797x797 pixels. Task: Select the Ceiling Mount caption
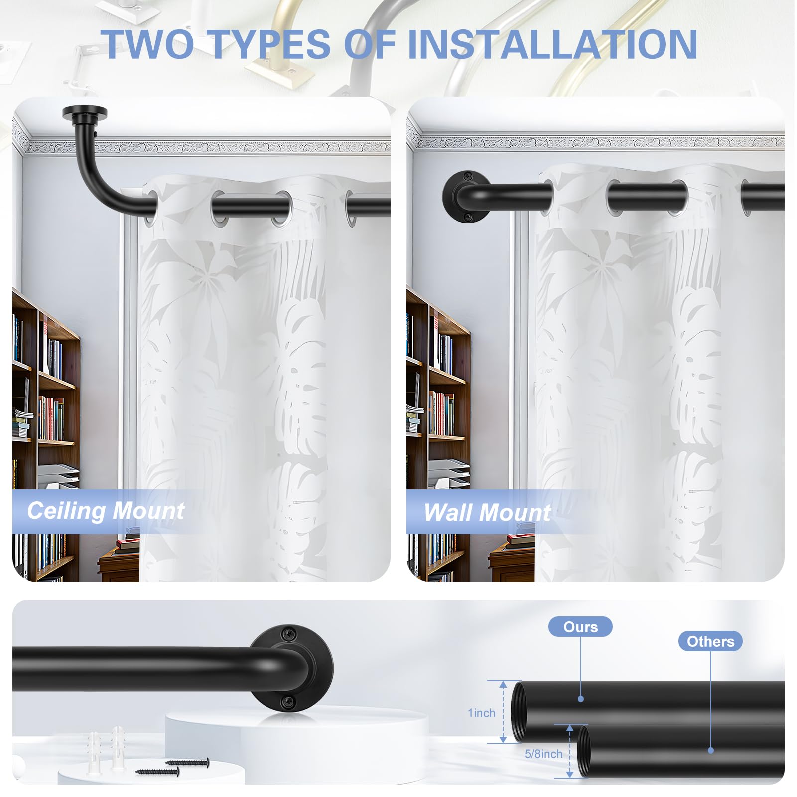click(106, 511)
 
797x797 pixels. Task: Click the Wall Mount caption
click(487, 512)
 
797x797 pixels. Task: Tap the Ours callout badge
click(580, 627)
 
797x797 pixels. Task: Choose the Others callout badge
click(710, 641)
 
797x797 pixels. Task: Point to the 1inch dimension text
click(481, 713)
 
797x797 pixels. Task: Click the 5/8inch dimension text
click(543, 754)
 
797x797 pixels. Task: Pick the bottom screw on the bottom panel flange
click(288, 702)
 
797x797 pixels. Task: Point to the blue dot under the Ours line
click(581, 699)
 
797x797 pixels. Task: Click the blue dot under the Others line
click(711, 750)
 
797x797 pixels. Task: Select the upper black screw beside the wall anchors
click(187, 762)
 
